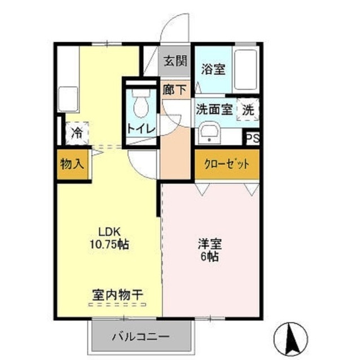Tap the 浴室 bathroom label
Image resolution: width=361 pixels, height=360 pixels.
213,70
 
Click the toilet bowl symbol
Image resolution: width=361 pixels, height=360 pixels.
139,105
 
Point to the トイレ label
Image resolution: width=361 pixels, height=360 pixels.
139,128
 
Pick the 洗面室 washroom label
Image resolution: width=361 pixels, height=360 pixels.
214,109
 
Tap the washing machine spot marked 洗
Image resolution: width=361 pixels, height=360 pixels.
248,110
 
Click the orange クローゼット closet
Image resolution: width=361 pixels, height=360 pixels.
227,165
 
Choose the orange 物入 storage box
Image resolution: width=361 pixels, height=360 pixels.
72,165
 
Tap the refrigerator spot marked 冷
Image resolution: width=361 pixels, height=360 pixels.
76,133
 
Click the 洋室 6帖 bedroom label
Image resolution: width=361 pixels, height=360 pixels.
210,250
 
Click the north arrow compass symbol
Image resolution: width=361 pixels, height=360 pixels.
292,336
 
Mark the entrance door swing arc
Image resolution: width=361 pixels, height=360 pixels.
178,25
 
